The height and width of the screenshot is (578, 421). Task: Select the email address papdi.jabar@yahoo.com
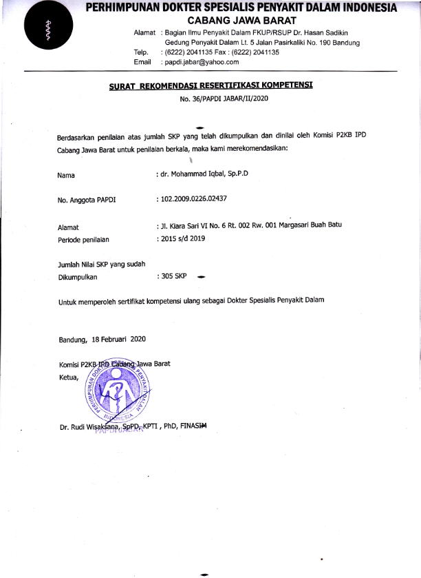tap(201, 62)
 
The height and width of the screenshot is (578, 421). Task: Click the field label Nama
tap(66, 175)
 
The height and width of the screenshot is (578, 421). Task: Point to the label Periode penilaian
tap(84, 239)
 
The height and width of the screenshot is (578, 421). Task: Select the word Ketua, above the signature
tap(69, 378)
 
